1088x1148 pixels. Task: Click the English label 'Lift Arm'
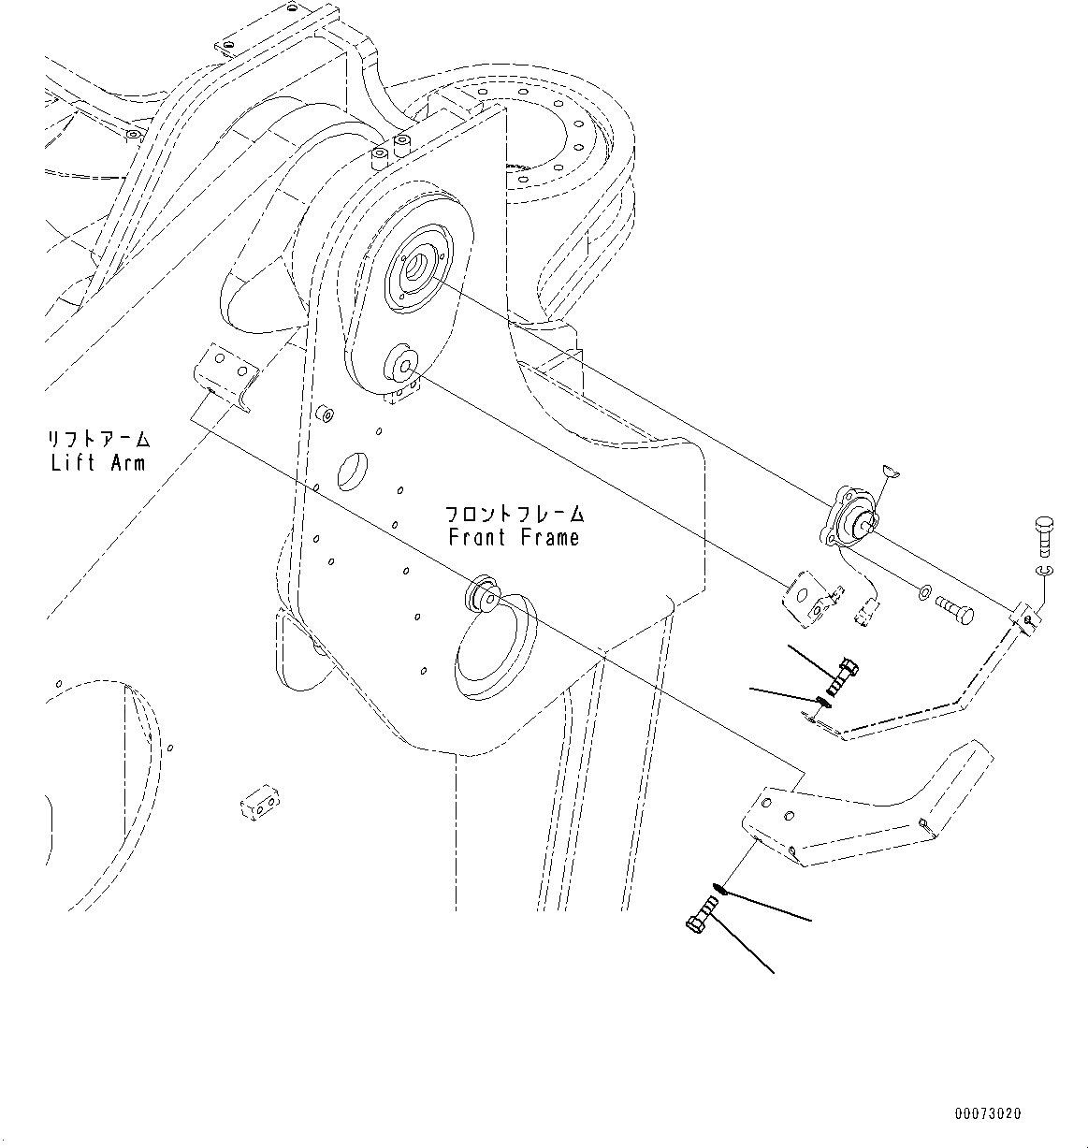[98, 463]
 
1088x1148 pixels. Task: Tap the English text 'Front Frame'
[514, 538]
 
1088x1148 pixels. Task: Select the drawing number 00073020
[988, 1113]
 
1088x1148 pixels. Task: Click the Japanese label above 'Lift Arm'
[98, 438]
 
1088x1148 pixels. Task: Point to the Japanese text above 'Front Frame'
[514, 514]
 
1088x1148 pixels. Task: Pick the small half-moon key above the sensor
[892, 473]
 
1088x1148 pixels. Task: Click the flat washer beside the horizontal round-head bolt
[923, 592]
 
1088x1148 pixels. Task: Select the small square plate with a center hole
[808, 599]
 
